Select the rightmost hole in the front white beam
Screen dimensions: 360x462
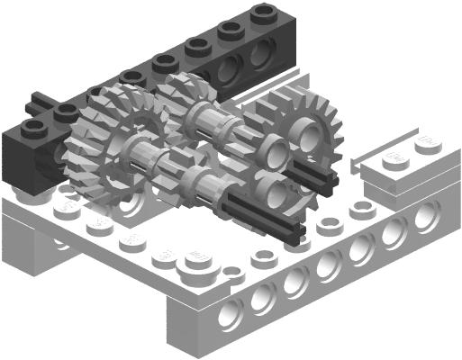424,214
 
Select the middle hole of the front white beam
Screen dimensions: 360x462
330,265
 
